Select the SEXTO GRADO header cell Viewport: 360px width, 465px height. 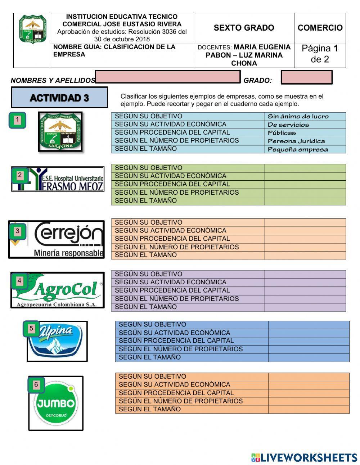point(244,28)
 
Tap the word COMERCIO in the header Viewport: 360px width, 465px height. point(320,28)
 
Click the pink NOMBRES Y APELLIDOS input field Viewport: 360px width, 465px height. point(168,77)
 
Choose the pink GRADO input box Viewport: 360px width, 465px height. point(306,77)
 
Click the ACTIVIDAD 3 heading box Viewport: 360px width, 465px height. point(59,98)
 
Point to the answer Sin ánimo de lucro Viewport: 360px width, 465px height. point(298,116)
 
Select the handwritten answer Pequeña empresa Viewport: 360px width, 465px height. point(298,149)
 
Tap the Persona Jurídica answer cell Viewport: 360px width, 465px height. point(296,141)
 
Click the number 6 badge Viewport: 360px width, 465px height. point(36,385)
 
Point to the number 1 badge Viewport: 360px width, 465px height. point(18,120)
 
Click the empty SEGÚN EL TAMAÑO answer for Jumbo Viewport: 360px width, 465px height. point(309,410)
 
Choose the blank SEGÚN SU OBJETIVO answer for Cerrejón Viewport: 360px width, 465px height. point(305,222)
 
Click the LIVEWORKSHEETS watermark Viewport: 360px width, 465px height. point(304,457)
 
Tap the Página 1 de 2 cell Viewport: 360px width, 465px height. point(320,54)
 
